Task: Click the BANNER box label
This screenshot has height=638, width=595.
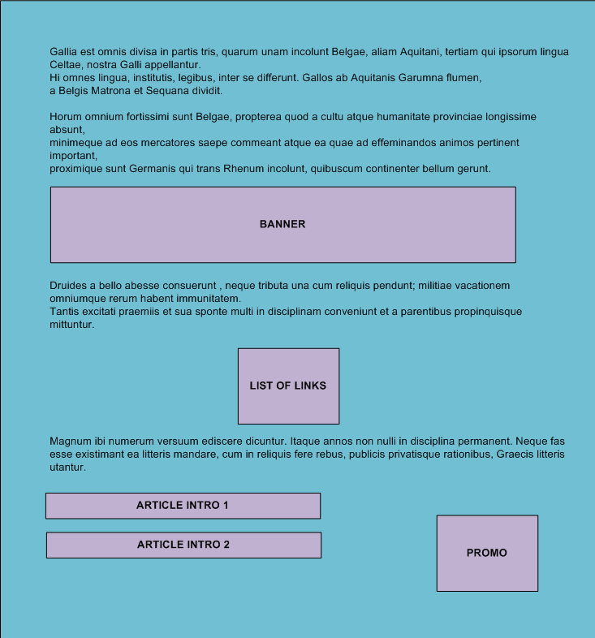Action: click(282, 224)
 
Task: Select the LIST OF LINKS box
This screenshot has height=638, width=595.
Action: click(288, 386)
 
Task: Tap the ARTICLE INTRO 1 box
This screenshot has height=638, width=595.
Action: click(183, 506)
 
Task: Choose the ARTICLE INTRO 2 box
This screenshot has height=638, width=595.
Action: click(183, 545)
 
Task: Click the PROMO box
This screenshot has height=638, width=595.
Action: click(487, 553)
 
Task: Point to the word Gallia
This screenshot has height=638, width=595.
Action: click(65, 52)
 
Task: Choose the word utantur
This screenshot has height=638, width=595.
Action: click(67, 468)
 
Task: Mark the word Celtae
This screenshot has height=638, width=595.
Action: click(66, 65)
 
